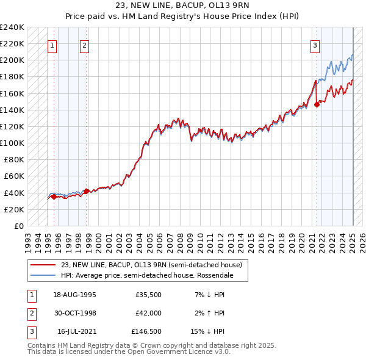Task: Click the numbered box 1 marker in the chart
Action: point(52,45)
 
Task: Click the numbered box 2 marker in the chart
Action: point(84,45)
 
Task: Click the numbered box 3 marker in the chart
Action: point(315,45)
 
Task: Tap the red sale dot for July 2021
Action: point(317,104)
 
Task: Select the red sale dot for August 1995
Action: point(54,196)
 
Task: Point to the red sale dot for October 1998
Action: point(87,191)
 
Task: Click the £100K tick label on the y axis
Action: point(12,143)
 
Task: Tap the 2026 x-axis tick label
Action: point(362,241)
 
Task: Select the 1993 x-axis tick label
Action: point(27,241)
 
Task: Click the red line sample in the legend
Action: point(43,265)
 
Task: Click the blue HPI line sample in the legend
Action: point(43,275)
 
